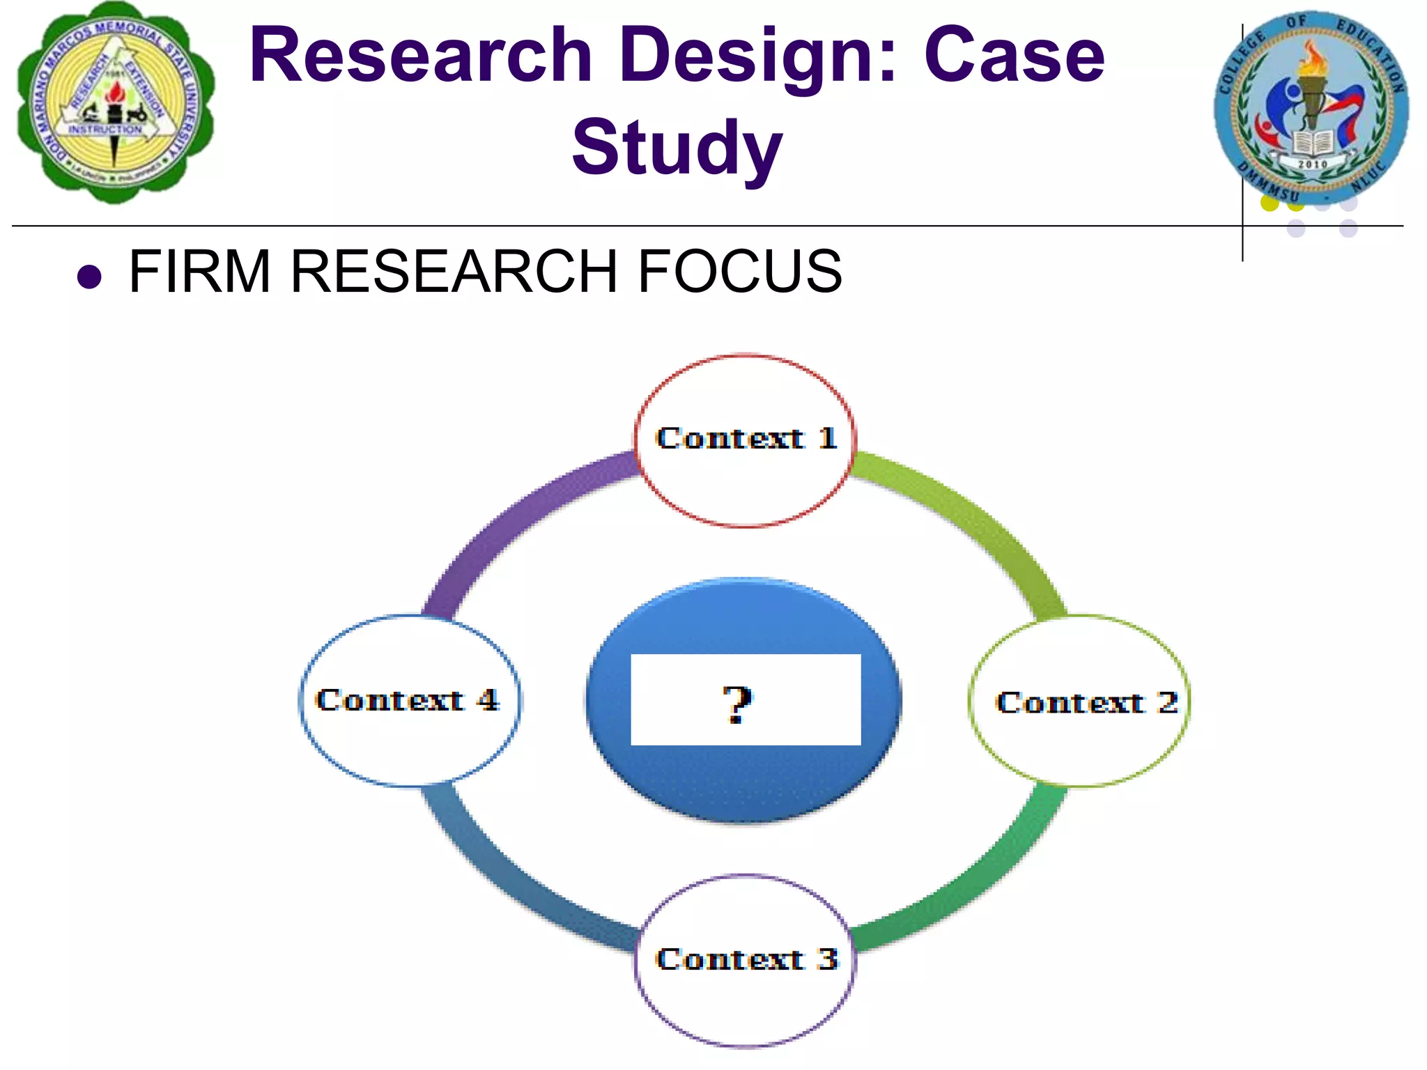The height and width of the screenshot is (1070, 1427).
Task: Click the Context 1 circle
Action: [x=745, y=440]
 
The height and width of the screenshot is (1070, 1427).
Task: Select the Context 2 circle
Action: [x=1079, y=701]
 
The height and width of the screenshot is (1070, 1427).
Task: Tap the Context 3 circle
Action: [x=745, y=961]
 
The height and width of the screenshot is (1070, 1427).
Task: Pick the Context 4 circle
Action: [x=410, y=701]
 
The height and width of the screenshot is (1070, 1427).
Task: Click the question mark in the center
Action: [x=737, y=704]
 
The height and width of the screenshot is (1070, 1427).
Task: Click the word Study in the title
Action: [x=677, y=148]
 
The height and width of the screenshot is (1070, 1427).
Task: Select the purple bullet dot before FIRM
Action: [x=90, y=277]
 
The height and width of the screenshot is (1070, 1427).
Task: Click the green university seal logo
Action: [x=116, y=103]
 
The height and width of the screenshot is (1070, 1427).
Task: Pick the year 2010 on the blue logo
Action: [x=1312, y=164]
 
